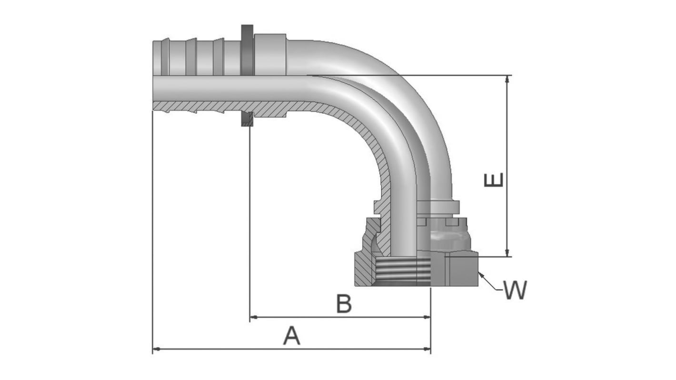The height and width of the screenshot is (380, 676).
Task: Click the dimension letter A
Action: pos(292,336)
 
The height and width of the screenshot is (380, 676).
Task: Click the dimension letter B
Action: pos(344,304)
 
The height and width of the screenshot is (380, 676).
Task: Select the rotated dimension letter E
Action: pos(494,180)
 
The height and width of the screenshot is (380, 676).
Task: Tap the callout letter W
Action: pos(515,290)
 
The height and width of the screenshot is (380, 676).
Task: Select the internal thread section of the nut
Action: pos(402,270)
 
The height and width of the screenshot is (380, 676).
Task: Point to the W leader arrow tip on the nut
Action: pos(479,272)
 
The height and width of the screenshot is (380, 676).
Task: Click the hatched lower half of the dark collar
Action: pos(247,119)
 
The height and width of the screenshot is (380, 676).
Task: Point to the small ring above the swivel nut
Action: pos(438,207)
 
